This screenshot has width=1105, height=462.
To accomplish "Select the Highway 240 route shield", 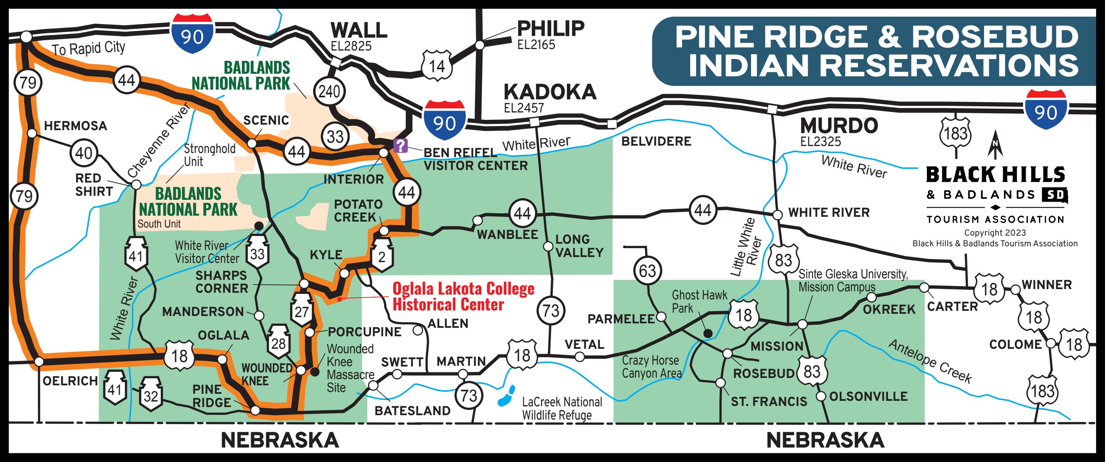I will coord(329,91).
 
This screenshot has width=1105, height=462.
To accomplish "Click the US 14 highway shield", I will coord(437,66).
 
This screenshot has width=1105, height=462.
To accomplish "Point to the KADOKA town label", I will coord(550,92).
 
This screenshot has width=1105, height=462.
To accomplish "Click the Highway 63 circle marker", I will coord(647,271).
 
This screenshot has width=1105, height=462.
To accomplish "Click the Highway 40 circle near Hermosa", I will coord(84,153).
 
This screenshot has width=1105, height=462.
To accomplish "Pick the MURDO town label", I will coord(839,126).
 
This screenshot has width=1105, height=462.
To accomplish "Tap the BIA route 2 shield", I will coord(381,256).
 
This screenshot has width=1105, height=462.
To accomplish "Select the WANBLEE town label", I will coord(507,235).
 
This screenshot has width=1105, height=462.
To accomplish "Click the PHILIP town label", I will coord(551,29).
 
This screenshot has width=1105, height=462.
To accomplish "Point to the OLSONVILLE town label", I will coord(868,396).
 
